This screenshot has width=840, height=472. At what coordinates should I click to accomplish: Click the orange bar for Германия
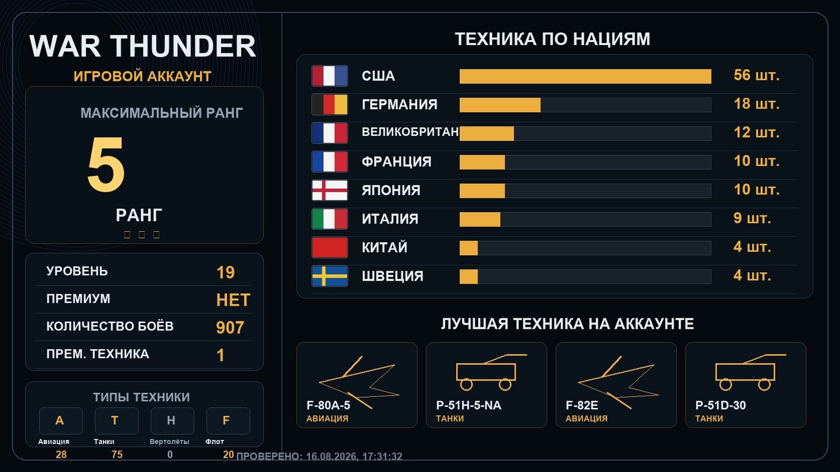(500, 105)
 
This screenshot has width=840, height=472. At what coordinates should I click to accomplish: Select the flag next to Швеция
(330, 276)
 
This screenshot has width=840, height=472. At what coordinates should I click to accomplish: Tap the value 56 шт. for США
(757, 76)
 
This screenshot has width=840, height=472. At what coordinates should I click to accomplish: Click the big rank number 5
(106, 164)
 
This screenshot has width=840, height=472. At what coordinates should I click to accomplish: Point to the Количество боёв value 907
(230, 327)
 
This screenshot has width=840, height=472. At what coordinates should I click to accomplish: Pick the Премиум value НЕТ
(233, 300)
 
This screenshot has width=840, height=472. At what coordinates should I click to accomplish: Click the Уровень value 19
(225, 272)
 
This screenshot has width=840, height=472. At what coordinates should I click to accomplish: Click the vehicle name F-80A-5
(328, 405)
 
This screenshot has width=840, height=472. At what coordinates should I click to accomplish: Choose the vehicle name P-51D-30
(720, 405)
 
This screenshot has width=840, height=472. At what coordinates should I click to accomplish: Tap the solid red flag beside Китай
(330, 248)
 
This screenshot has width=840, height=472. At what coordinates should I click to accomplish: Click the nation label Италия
(390, 219)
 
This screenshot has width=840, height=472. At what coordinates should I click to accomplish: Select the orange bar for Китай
(469, 248)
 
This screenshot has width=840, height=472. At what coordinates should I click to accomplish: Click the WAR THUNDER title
(142, 46)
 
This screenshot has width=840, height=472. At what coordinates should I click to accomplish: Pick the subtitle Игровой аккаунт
(142, 76)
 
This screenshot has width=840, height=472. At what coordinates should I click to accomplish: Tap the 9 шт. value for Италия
(752, 218)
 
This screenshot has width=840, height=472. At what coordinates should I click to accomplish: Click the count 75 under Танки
(117, 454)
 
